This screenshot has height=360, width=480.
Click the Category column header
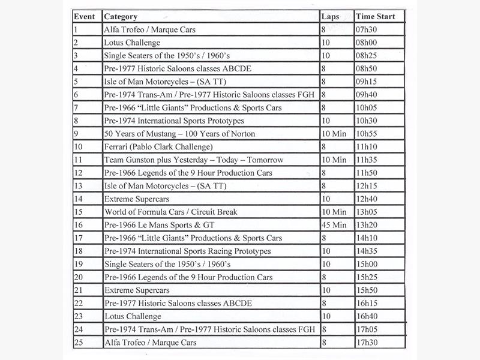click(120, 17)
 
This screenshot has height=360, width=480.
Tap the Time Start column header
click(375, 17)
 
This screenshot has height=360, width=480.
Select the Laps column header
click(331, 17)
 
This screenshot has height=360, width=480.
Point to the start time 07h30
click(368, 29)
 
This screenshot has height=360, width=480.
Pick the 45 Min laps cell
click(334, 224)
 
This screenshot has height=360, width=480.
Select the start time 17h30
click(368, 342)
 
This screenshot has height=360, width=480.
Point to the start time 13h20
click(368, 224)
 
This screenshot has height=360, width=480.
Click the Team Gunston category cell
click(193, 160)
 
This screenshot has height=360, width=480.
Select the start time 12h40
click(368, 199)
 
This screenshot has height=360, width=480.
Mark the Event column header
click(85, 17)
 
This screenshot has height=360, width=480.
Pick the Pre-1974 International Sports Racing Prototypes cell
click(187, 251)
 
